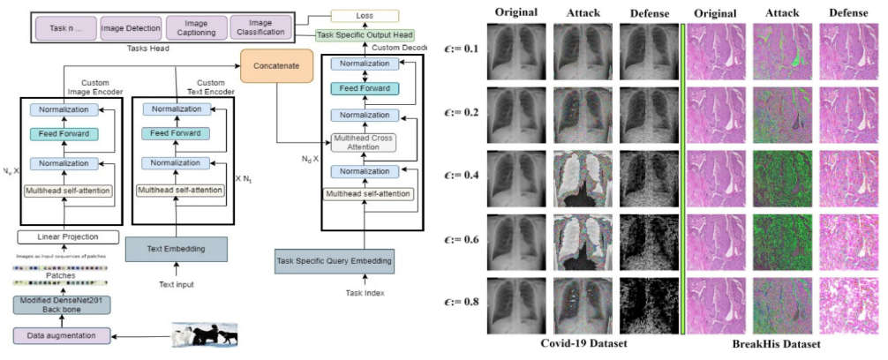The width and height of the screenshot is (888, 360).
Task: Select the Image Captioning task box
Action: click(x=187, y=26)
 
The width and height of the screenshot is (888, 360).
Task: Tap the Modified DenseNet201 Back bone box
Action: click(x=62, y=305)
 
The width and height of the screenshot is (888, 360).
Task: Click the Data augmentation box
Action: click(x=62, y=335)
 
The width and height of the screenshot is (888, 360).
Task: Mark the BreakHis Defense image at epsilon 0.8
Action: click(x=848, y=302)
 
